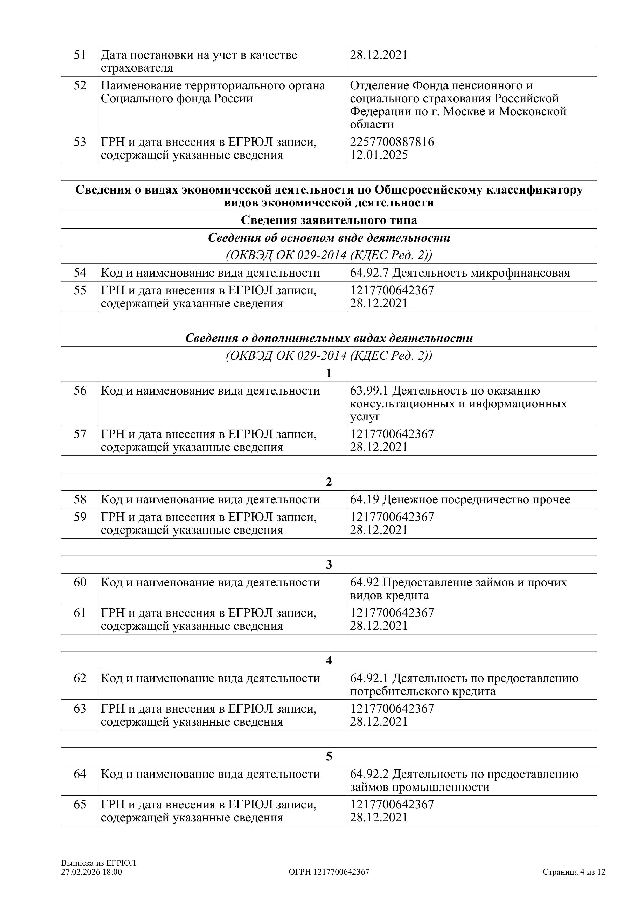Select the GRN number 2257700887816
coord(392,142)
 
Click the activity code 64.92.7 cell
coord(460,273)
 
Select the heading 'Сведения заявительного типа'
coord(329,220)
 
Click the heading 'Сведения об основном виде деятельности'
coord(329,238)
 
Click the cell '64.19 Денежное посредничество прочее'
coord(460,500)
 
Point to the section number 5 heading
coord(329,757)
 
